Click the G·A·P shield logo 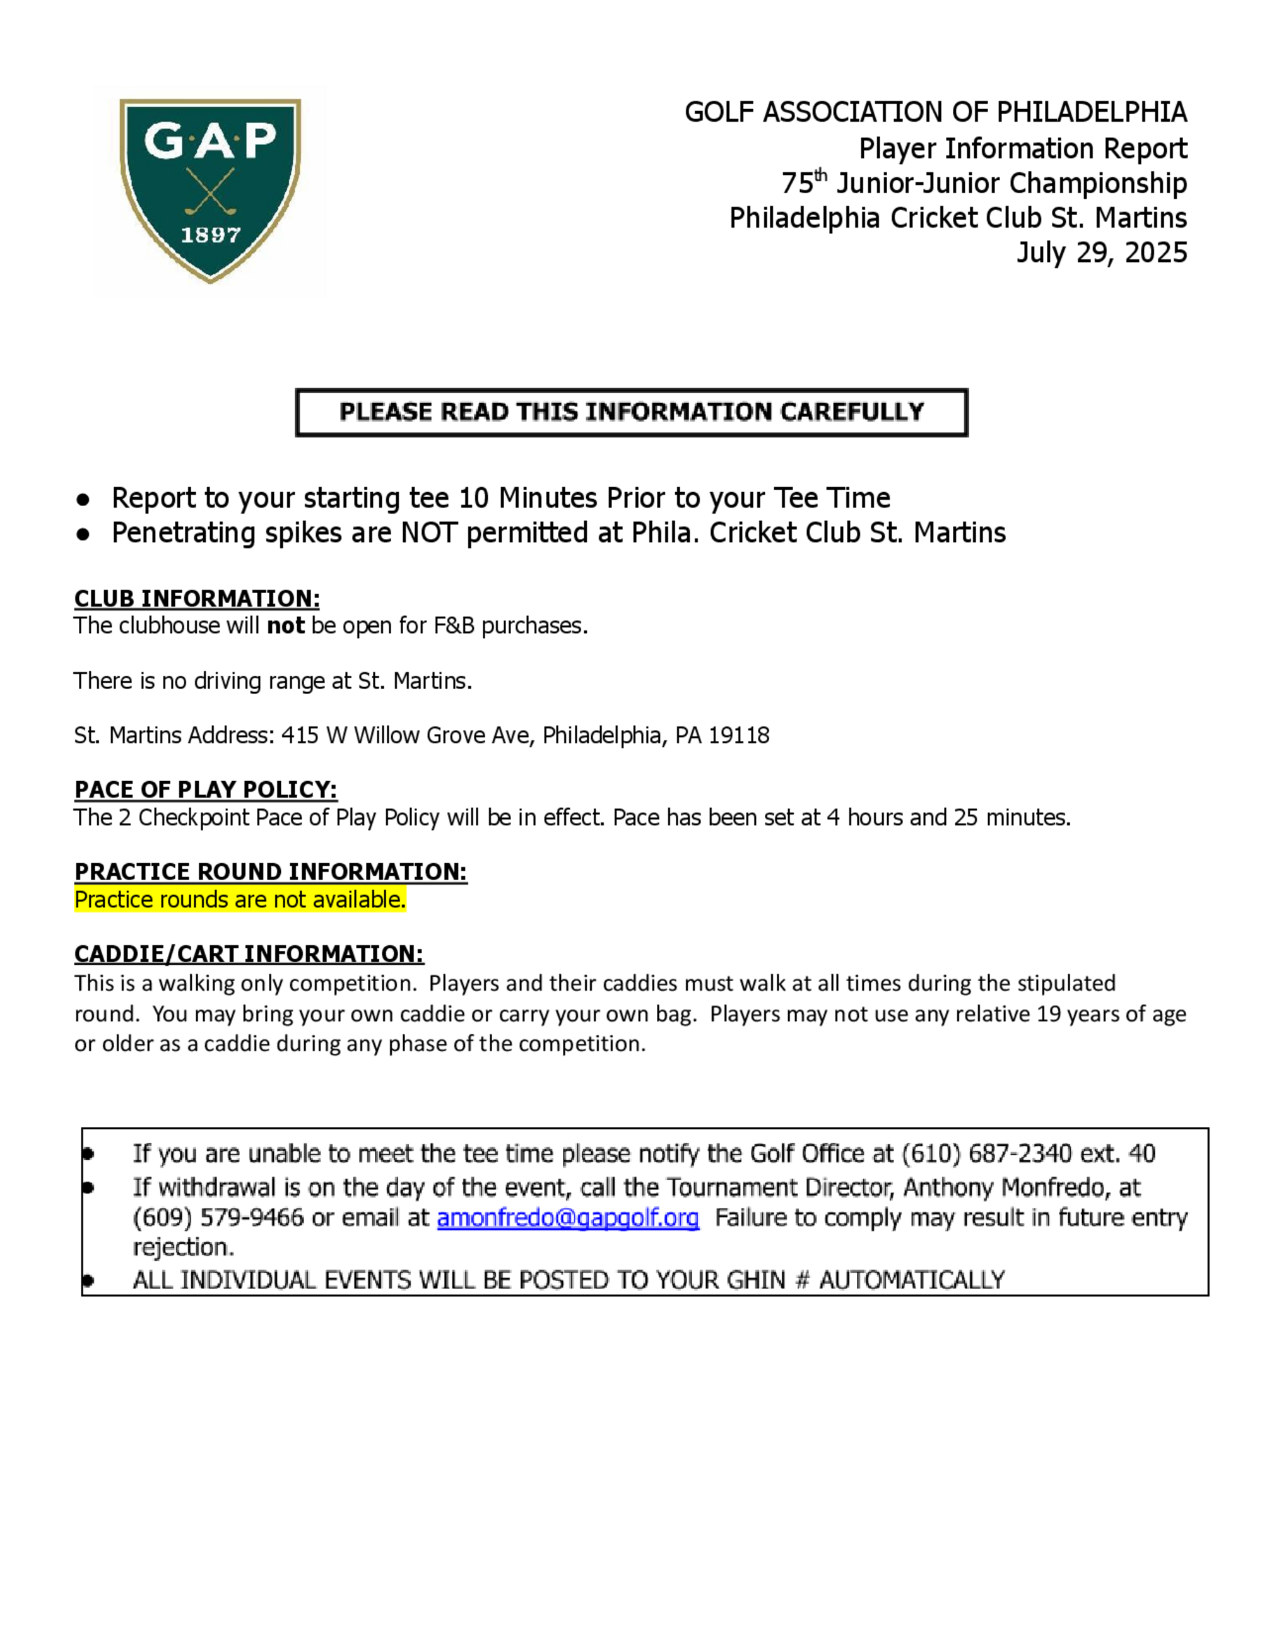click(210, 190)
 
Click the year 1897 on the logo click(210, 235)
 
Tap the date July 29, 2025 click(1101, 253)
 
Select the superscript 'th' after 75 click(821, 175)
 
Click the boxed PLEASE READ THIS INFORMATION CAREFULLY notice click(631, 412)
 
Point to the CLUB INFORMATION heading click(197, 599)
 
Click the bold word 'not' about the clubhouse click(286, 626)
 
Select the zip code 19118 click(739, 736)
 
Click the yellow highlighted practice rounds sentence click(240, 900)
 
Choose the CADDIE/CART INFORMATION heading click(249, 954)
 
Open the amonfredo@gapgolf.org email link click(567, 1218)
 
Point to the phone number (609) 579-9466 click(218, 1218)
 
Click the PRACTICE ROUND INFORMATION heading click(271, 872)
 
